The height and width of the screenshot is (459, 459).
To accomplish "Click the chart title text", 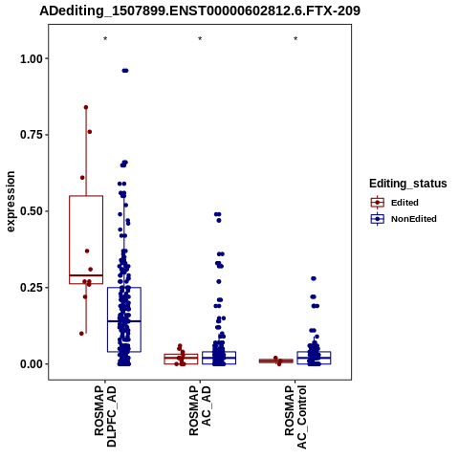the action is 200,11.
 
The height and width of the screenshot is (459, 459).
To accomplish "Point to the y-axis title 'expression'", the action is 11,202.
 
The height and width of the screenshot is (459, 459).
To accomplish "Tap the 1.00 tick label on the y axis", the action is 32,58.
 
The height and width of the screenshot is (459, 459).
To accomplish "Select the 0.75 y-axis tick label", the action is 32,135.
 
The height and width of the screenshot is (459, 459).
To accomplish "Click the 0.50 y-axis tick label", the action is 32,211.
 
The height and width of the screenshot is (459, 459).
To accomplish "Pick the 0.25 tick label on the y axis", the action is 32,288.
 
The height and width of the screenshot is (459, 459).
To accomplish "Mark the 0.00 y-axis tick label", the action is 32,363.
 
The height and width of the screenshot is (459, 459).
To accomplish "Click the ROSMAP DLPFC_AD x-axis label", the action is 105,416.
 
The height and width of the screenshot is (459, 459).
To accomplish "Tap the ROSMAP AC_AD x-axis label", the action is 200,410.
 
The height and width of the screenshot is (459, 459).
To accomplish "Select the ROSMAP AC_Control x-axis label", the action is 295,417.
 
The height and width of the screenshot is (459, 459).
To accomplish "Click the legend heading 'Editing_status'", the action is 408,184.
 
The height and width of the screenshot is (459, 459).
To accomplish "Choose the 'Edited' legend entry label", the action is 404,203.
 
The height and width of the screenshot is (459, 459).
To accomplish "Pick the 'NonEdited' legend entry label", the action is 414,219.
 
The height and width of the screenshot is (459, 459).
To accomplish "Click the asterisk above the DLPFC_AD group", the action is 105,39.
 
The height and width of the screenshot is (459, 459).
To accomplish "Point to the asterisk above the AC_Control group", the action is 295,39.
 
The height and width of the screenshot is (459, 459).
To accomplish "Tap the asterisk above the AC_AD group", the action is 200,39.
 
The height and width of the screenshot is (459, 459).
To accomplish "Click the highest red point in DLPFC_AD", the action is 86,107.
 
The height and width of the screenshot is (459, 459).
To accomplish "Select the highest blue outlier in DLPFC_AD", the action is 125,71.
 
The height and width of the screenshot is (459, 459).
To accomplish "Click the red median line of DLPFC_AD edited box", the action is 86,275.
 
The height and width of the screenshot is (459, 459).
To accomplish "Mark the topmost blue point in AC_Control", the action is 314,278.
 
